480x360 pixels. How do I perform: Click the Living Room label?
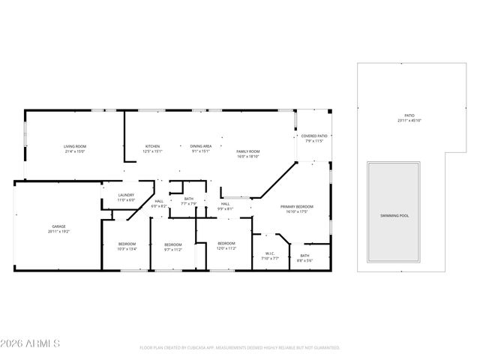[73, 148]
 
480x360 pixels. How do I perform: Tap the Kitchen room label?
[153, 148]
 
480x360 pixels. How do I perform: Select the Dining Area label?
[200, 148]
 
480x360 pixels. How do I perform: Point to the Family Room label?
[247, 154]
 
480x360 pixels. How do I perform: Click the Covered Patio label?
[314, 138]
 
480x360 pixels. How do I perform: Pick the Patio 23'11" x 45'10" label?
[409, 118]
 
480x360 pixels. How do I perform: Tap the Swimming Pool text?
[394, 216]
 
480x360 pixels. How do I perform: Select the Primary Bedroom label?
[296, 208]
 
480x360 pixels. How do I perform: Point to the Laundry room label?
[126, 197]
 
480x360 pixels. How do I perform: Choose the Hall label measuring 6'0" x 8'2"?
[160, 203]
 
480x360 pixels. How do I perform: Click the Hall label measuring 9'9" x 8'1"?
[224, 206]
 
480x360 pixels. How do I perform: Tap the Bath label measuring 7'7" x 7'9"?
[189, 201]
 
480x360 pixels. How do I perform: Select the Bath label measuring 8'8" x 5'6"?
[304, 258]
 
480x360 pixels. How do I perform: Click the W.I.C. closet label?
[271, 256]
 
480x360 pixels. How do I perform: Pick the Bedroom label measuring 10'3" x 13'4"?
[127, 247]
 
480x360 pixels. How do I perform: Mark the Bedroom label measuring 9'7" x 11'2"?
[173, 247]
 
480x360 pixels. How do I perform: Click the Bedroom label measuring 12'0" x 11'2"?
[226, 245]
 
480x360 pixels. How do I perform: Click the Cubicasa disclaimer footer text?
[240, 348]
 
